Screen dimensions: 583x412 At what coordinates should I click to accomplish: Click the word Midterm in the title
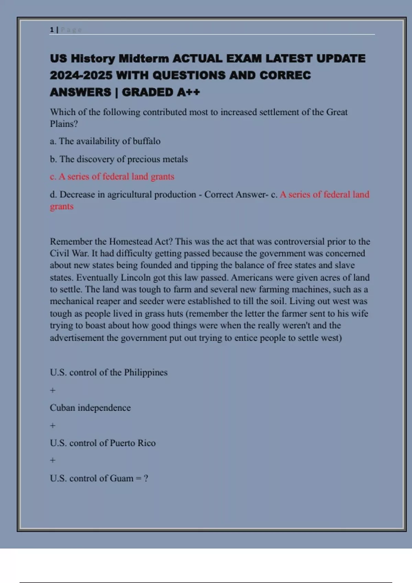click(x=144, y=59)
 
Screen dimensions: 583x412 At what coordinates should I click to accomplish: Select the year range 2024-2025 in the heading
click(x=81, y=75)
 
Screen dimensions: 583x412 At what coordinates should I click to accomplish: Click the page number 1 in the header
click(x=52, y=30)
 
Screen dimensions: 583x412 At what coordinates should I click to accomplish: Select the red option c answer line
click(x=112, y=177)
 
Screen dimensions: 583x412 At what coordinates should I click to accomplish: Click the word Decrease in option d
click(x=77, y=194)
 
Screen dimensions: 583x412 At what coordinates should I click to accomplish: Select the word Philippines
click(x=146, y=372)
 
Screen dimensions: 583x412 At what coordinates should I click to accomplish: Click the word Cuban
click(x=62, y=408)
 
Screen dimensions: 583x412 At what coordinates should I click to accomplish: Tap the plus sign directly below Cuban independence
click(x=53, y=426)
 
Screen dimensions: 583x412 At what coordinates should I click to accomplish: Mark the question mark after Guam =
click(x=146, y=478)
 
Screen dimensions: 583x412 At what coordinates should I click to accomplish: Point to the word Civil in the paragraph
click(x=59, y=253)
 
